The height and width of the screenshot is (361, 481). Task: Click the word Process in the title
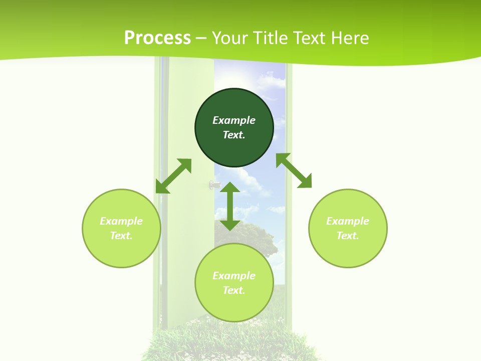pyautogui.click(x=157, y=38)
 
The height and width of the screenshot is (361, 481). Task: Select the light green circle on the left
pyautogui.click(x=121, y=251)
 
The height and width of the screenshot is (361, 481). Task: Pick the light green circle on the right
pyautogui.click(x=348, y=251)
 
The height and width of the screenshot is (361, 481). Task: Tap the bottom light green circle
pyautogui.click(x=234, y=306)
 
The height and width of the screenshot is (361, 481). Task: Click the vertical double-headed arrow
pyautogui.click(x=230, y=206)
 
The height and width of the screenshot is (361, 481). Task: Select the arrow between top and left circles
pyautogui.click(x=173, y=176)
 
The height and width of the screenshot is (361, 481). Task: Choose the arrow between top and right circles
pyautogui.click(x=294, y=170)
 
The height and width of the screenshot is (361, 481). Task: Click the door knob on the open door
pyautogui.click(x=214, y=185)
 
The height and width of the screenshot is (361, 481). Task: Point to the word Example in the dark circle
pyautogui.click(x=234, y=120)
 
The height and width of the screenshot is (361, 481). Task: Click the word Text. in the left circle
pyautogui.click(x=121, y=236)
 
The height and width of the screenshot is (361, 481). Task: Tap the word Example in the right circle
pyautogui.click(x=348, y=221)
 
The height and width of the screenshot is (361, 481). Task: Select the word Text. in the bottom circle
pyautogui.click(x=234, y=290)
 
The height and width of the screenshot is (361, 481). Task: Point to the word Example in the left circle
pyautogui.click(x=121, y=221)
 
